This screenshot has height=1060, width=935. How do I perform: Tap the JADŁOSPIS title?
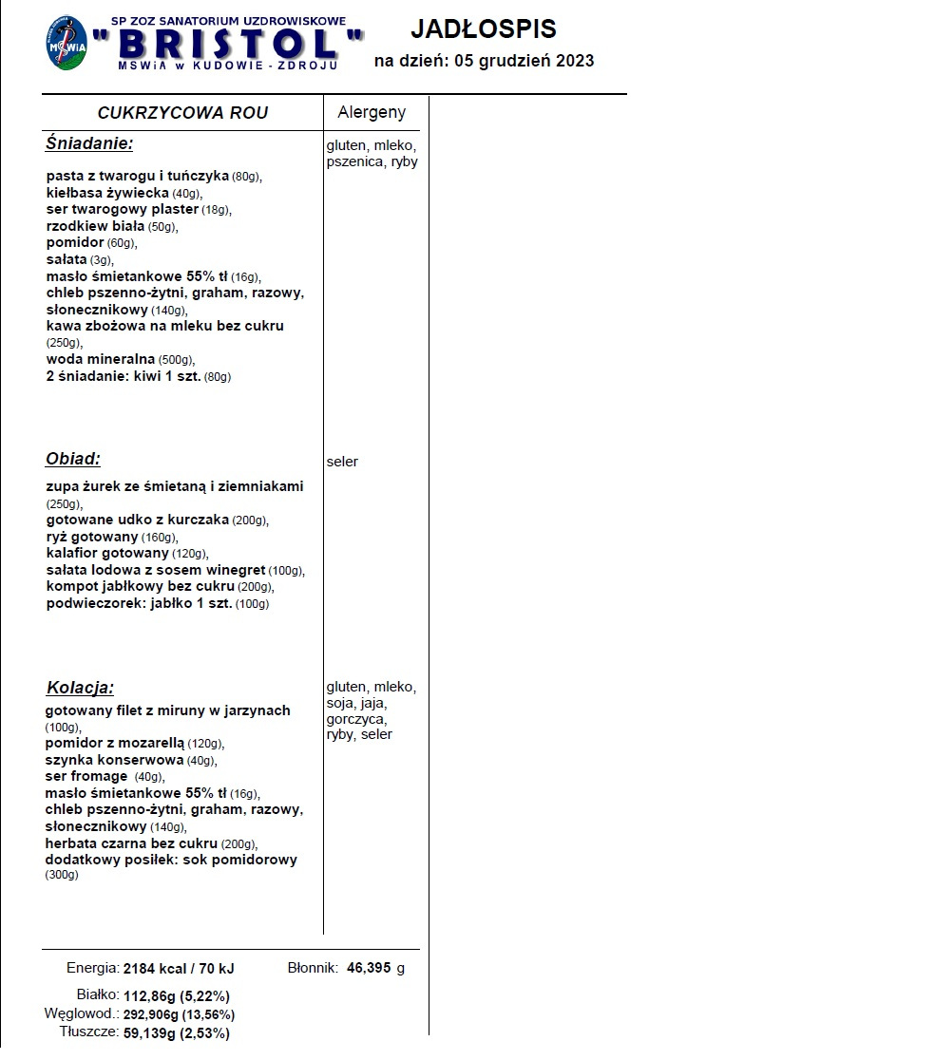[x=484, y=28]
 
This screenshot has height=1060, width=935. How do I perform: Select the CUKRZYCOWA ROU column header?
[x=182, y=113]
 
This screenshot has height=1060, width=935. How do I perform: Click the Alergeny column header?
[x=372, y=112]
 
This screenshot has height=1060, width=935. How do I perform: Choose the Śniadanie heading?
[x=89, y=143]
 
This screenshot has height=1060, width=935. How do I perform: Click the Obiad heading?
[x=73, y=459]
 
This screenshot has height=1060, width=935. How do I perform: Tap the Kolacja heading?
[x=80, y=688]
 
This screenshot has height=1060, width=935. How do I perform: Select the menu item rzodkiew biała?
[x=95, y=226]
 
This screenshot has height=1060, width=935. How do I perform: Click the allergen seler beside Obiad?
[x=342, y=462]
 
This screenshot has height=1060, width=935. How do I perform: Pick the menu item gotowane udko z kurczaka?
[x=138, y=520]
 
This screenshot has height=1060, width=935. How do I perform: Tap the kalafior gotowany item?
[x=107, y=553]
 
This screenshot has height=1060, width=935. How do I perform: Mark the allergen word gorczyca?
[x=356, y=719]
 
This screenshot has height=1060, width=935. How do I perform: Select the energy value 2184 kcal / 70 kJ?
[x=179, y=969]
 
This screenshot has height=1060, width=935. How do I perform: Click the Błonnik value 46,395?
[x=368, y=968]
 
